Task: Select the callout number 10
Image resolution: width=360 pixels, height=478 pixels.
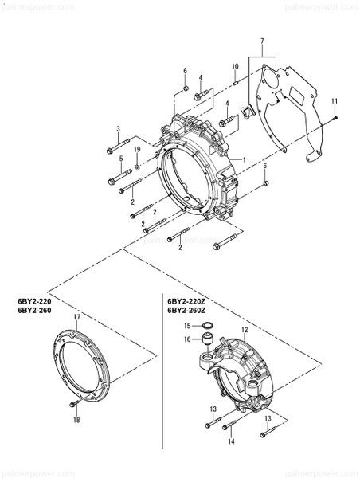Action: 235,66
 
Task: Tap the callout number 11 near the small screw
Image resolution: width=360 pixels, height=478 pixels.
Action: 335,100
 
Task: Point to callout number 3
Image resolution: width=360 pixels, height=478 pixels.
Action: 118,129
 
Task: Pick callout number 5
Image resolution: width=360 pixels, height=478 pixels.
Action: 121,159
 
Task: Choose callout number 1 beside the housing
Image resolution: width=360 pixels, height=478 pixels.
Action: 244,159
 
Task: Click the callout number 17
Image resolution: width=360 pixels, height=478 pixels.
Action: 76,318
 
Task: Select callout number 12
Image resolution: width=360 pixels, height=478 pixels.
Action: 245,329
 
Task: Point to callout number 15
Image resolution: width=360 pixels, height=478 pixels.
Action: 187,326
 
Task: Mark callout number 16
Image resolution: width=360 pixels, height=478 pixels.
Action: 187,339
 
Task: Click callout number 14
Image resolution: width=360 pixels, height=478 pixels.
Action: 231,441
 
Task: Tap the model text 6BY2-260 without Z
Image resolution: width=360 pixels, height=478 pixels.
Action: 33,311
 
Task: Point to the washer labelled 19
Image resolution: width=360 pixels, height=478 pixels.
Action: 138,167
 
